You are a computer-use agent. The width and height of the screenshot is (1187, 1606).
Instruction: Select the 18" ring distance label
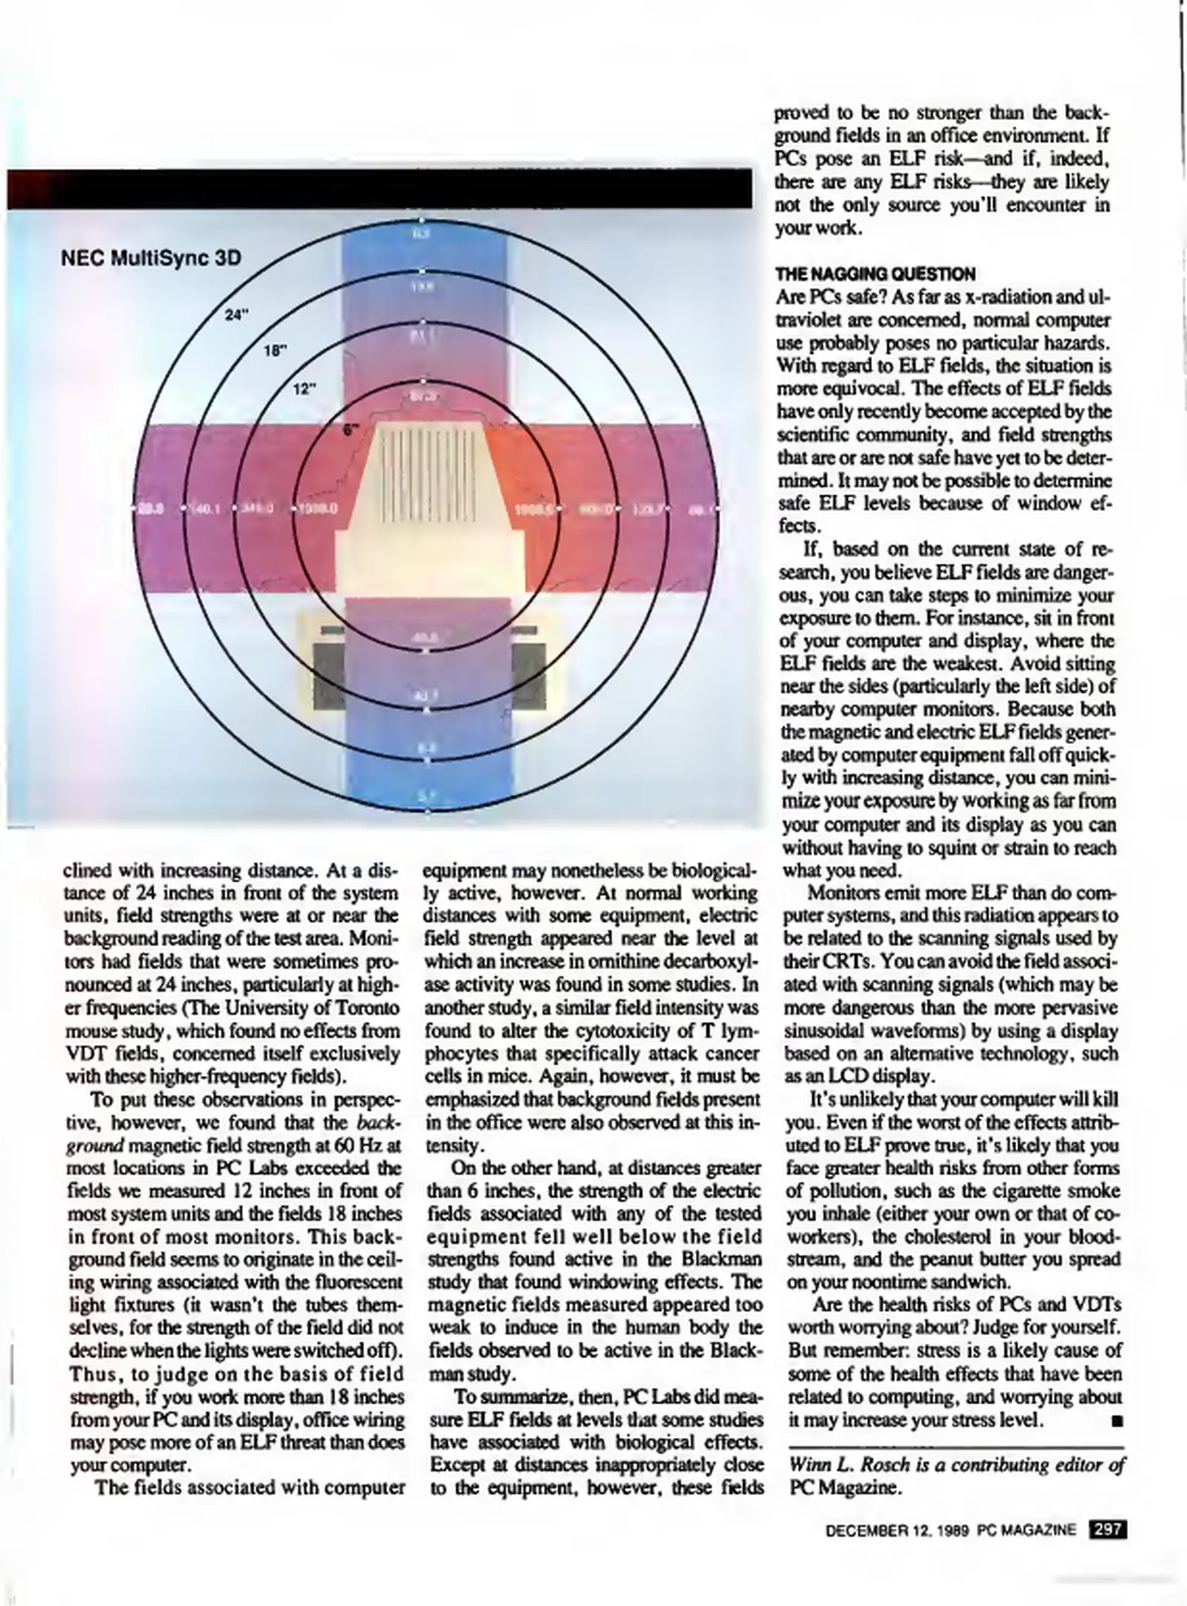pos(275,352)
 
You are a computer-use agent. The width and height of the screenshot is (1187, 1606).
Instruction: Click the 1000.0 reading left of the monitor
pos(319,509)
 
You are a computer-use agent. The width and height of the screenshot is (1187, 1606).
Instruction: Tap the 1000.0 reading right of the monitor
pos(532,509)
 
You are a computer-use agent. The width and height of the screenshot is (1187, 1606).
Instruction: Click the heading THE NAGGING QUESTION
pos(875,274)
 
